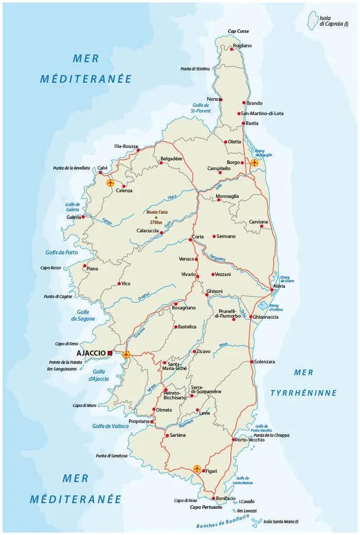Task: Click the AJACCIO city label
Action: point(91,353)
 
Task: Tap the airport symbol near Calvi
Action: point(110,182)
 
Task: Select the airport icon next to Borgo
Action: point(255,162)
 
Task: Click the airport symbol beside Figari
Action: point(196,469)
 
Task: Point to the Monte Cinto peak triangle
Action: point(156,217)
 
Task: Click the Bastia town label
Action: point(252,123)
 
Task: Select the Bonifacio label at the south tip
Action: point(226,499)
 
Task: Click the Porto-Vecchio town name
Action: point(250,440)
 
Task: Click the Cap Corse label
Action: point(238,31)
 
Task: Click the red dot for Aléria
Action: point(272,290)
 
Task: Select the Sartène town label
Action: point(177,435)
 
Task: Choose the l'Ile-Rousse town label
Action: point(126,146)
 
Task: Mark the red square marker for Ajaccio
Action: point(110,353)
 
